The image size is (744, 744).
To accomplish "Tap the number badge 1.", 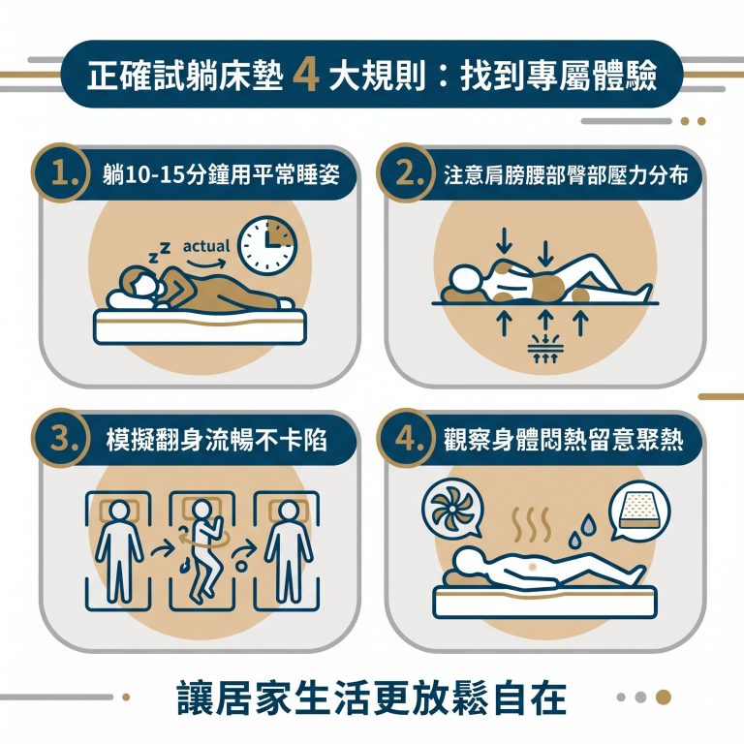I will pos(63,173).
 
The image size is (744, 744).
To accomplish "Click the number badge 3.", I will pos(63,438).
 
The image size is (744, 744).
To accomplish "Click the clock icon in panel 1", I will pos(268,244).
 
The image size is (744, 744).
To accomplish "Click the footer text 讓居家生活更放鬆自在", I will pos(372,697).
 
